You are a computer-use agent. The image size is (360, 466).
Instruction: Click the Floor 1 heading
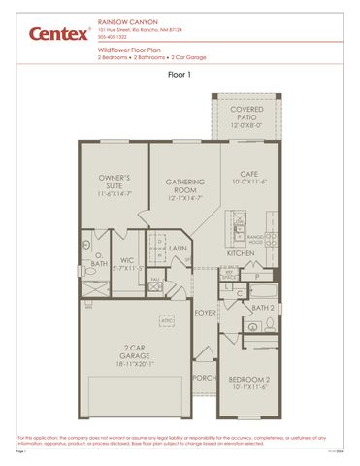coord(180,74)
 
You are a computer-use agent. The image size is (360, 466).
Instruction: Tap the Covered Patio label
coord(245,110)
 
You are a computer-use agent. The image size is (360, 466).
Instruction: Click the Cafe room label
coord(245,176)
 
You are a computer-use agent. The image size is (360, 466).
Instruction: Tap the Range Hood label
coord(256,239)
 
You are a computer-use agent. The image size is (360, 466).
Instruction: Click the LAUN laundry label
coord(178,248)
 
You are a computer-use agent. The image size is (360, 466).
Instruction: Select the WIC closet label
coord(127,260)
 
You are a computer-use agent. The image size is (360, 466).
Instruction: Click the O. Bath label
coord(99,260)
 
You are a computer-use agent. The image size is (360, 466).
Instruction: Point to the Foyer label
coord(205,313)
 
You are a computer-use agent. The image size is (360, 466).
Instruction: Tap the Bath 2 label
coord(263,308)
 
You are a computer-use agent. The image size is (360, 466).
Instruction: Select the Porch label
coord(204,378)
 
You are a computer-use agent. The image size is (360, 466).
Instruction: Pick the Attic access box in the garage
coord(167,319)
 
